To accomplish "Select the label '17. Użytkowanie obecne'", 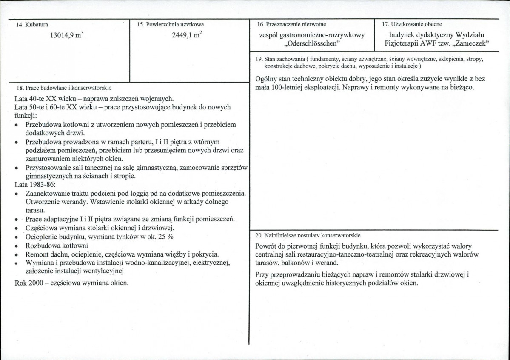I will click(412, 24).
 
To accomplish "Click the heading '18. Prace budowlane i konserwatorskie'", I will click(63, 88).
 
